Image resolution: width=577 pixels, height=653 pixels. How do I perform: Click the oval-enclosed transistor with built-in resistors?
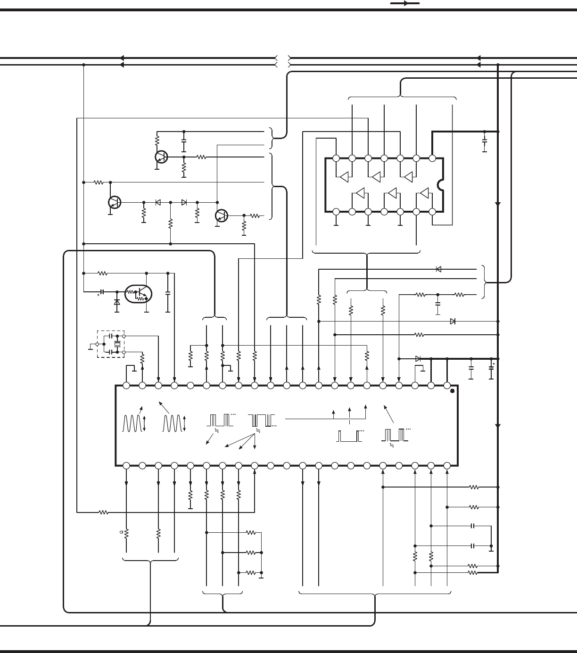(137, 294)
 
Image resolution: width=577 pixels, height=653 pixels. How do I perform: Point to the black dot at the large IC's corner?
(453, 391)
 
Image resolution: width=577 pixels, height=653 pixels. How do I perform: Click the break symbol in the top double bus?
(282, 61)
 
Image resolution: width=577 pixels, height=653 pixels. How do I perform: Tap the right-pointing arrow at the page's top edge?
(404, 4)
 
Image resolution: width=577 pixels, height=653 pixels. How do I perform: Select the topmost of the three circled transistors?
(162, 157)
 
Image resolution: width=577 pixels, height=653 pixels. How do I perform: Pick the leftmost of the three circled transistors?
(115, 202)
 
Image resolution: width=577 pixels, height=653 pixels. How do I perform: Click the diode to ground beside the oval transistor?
(117, 302)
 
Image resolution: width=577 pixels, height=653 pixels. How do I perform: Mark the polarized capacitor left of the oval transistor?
(101, 292)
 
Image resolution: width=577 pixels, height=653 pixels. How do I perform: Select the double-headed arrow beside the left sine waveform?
(145, 423)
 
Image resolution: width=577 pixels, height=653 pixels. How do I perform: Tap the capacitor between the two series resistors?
(438, 302)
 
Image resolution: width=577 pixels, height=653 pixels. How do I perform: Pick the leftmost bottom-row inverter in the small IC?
(360, 193)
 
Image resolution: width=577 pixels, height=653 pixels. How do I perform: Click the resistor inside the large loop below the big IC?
(103, 512)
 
